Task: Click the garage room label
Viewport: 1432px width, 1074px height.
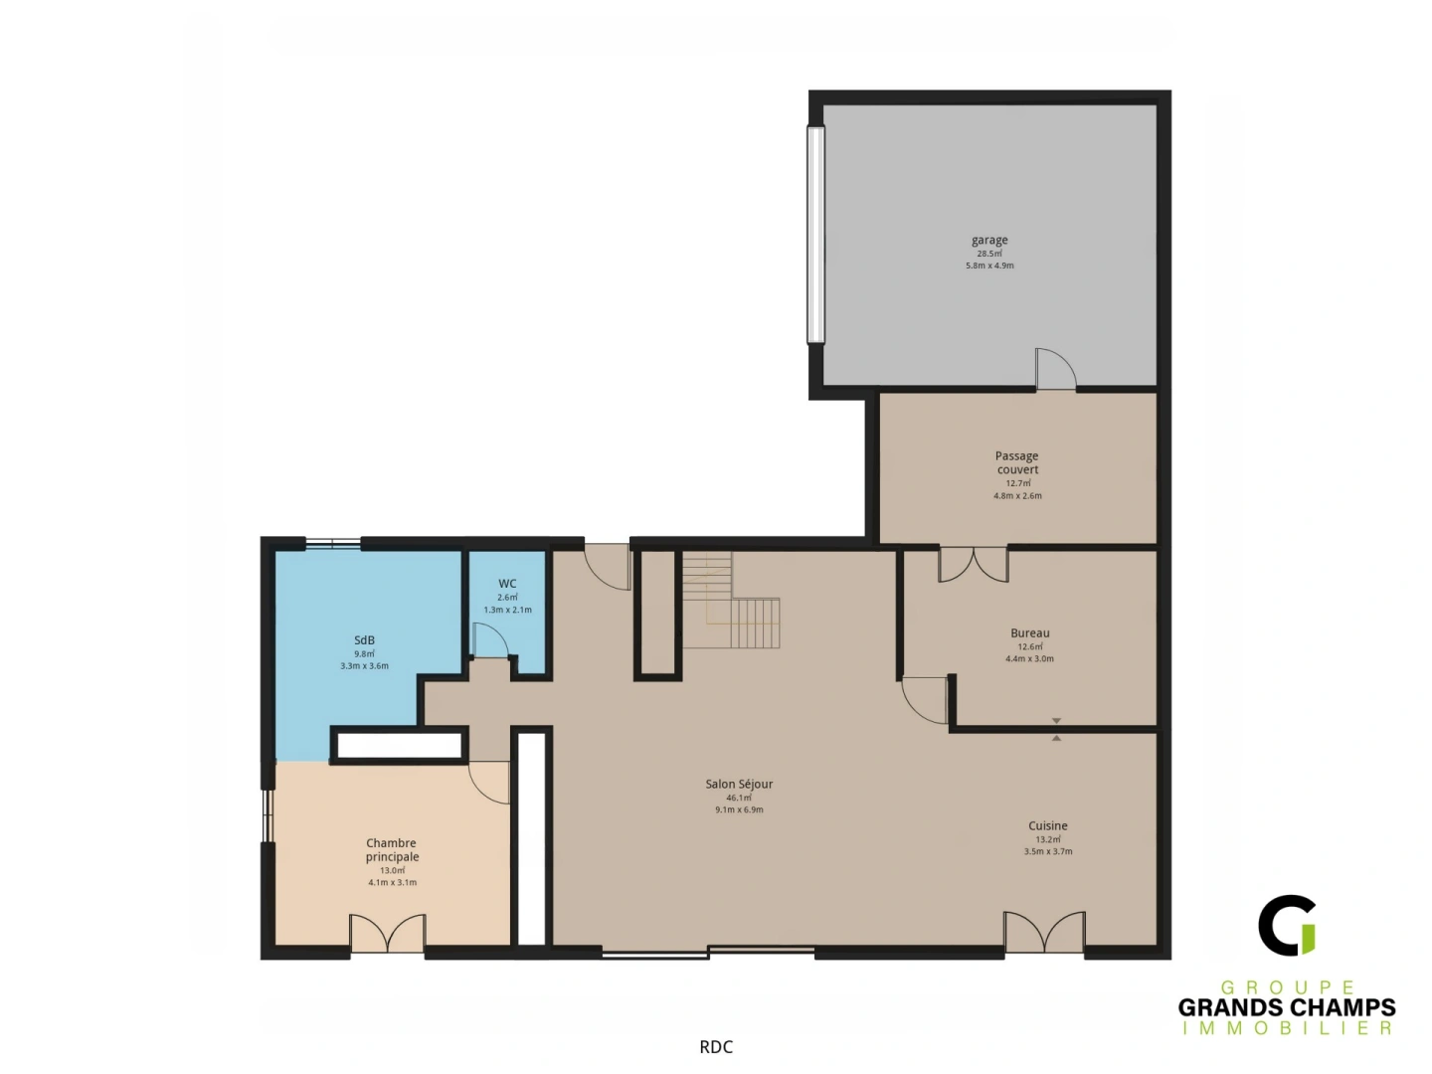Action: coord(989,240)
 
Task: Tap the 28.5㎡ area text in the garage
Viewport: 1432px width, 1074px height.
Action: coord(989,254)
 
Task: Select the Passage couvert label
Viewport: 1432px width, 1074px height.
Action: coord(1017,462)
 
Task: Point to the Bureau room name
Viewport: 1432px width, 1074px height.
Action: coord(1030,633)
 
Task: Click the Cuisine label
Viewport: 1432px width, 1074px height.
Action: coord(1048,825)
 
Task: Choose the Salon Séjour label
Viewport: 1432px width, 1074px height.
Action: coord(739,784)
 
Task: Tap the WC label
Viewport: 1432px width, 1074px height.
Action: coord(507,584)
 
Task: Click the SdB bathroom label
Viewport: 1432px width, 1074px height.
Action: coord(364,640)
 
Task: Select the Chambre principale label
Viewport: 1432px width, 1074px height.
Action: coord(392,850)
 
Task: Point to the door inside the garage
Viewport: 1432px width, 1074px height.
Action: coord(1055,369)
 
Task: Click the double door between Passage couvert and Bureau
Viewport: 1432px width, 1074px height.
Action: coord(974,564)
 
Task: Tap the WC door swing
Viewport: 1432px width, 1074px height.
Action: coord(490,640)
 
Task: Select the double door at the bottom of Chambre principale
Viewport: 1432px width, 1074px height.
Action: coord(388,934)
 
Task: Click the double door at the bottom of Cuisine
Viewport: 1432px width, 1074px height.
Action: coord(1044,933)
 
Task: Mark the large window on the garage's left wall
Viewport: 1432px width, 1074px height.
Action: coord(816,235)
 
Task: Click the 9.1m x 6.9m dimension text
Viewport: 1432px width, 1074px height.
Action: coord(739,810)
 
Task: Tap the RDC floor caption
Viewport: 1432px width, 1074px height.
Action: coord(716,1046)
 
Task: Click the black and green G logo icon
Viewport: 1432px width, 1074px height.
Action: coord(1288,925)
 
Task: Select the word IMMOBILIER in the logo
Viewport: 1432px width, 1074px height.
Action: coord(1287,1028)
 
